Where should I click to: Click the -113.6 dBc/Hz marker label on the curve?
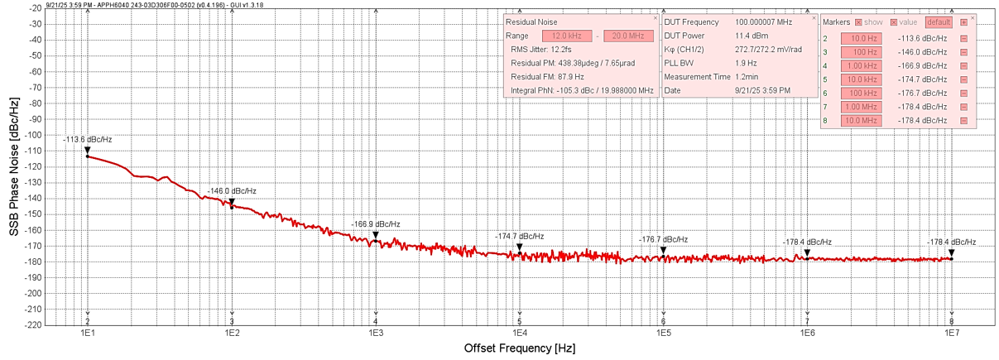point(87,139)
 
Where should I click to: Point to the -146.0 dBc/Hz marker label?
point(232,190)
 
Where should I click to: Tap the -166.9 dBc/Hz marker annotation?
point(376,224)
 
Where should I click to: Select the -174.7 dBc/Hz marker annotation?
point(520,237)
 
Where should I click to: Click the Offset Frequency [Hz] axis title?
point(518,348)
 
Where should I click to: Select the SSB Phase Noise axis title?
point(14,166)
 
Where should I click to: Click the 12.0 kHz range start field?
point(568,36)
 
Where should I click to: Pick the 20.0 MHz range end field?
point(628,36)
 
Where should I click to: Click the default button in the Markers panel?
point(939,22)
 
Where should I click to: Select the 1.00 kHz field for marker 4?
point(860,65)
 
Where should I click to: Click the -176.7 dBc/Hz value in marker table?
point(922,94)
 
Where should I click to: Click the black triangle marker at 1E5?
point(663,250)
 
